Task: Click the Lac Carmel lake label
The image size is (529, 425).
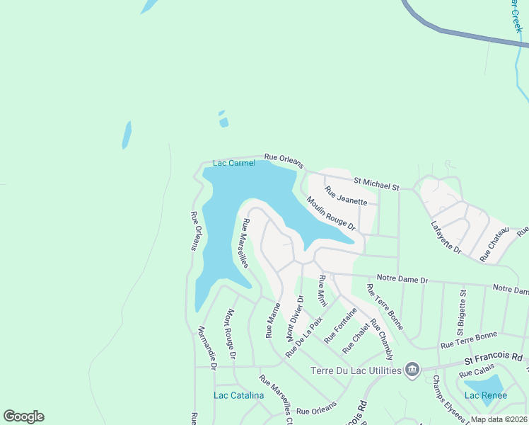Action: [233, 163]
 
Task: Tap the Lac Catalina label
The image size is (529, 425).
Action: [239, 395]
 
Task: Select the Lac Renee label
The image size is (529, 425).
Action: [485, 395]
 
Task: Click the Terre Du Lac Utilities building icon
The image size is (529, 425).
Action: [411, 369]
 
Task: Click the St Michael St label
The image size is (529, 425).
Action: [377, 183]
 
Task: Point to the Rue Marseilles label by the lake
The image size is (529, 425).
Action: [244, 243]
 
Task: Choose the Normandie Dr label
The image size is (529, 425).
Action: [206, 346]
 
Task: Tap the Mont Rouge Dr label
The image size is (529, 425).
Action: [231, 333]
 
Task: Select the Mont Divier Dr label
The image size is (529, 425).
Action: [294, 317]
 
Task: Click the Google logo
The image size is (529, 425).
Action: [23, 416]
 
